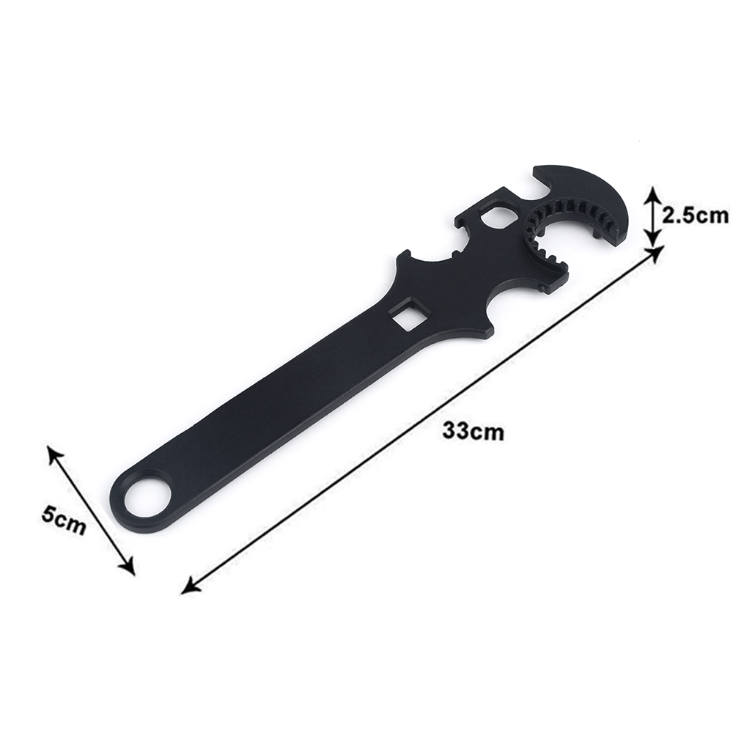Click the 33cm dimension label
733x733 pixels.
[x=474, y=430]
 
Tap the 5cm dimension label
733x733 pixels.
[x=64, y=519]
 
